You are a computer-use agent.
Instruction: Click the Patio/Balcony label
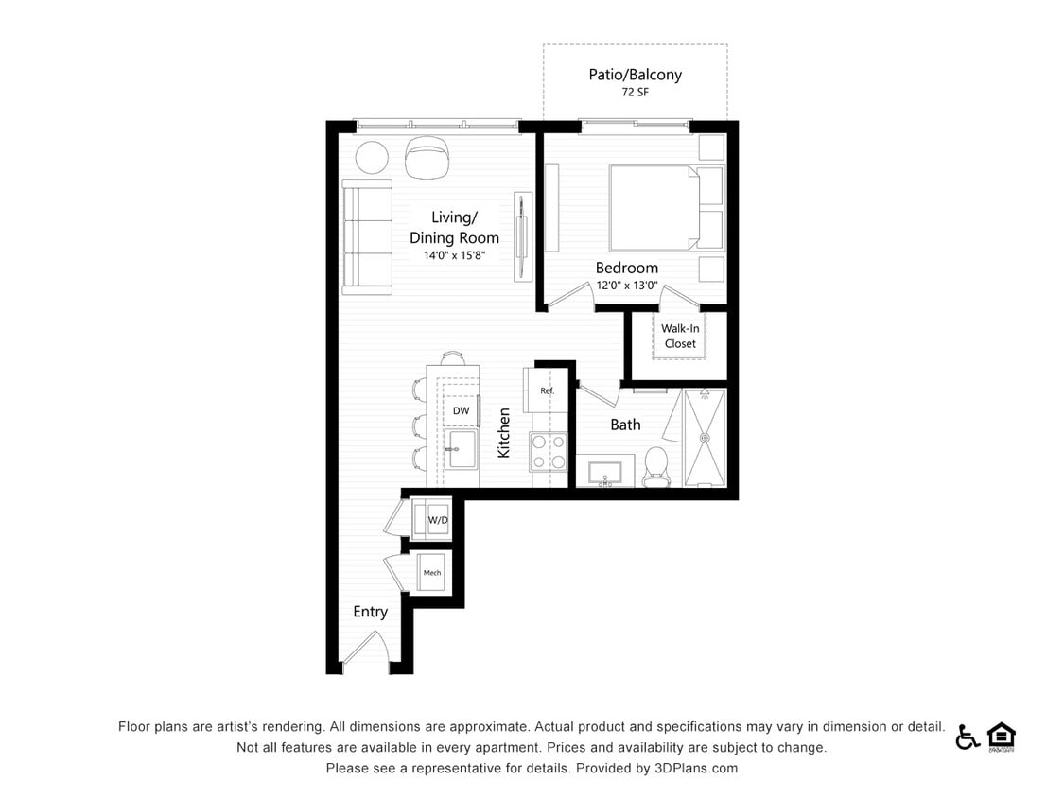635,75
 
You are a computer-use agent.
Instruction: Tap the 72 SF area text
635,93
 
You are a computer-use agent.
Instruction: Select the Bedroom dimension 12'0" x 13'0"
625,286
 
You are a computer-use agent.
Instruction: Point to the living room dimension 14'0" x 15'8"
454,256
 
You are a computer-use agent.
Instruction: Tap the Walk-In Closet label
679,337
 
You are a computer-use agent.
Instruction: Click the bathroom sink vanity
604,472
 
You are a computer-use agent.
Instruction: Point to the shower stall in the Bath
705,437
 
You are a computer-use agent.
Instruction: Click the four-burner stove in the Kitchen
547,451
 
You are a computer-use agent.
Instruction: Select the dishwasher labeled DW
461,410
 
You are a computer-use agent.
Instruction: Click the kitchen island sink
462,451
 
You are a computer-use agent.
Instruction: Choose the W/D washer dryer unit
436,519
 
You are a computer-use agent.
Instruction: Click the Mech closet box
432,573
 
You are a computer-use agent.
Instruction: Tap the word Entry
370,612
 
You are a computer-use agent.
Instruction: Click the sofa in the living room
367,236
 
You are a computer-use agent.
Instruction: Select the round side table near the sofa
372,157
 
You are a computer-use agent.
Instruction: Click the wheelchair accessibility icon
967,737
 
